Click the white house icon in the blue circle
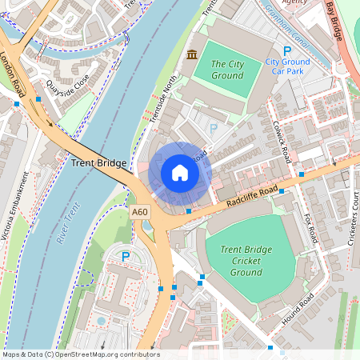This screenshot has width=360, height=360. (180, 172)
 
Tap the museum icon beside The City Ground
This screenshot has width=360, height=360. (191, 54)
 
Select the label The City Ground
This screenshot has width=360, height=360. (226, 70)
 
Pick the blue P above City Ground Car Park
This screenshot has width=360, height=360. (287, 50)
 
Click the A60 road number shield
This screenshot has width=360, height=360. (140, 212)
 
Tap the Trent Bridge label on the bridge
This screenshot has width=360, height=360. (99, 163)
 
